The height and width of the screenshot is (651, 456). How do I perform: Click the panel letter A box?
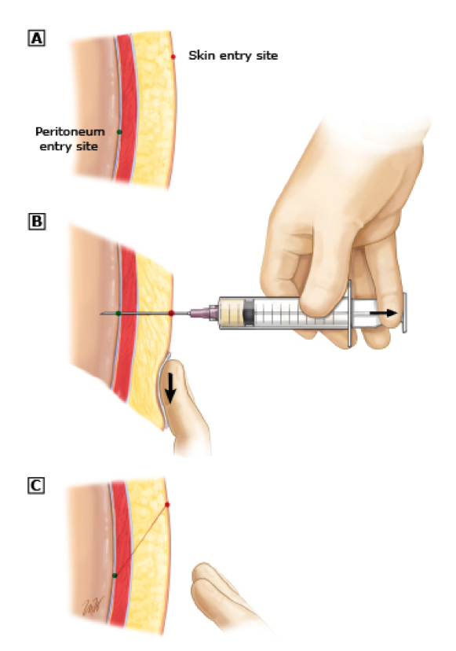click(x=36, y=39)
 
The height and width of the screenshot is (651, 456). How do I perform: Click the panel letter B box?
click(x=36, y=221)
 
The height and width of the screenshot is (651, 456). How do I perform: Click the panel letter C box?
click(x=36, y=485)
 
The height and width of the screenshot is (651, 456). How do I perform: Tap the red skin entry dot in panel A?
click(x=173, y=57)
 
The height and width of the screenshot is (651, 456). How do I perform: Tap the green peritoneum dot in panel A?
click(x=119, y=132)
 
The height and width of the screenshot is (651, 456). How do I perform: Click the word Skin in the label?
click(x=202, y=55)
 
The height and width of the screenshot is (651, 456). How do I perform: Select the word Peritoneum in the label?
click(x=70, y=131)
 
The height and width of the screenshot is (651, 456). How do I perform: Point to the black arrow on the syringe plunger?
click(x=383, y=313)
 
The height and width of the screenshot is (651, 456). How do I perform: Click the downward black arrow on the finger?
click(x=171, y=390)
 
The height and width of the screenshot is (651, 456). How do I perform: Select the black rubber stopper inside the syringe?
click(x=248, y=313)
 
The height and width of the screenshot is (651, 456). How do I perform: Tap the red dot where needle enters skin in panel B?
click(x=171, y=313)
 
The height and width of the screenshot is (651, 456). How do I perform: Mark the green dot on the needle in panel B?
click(x=119, y=313)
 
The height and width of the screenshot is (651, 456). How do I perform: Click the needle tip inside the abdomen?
click(x=100, y=314)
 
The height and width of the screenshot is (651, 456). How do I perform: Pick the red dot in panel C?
click(x=167, y=505)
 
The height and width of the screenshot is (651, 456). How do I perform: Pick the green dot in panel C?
click(x=115, y=576)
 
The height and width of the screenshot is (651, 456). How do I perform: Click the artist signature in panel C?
click(x=93, y=603)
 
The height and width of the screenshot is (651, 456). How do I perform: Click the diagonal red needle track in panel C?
click(x=141, y=539)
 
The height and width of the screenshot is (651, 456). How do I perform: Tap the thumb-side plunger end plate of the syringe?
click(x=404, y=313)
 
